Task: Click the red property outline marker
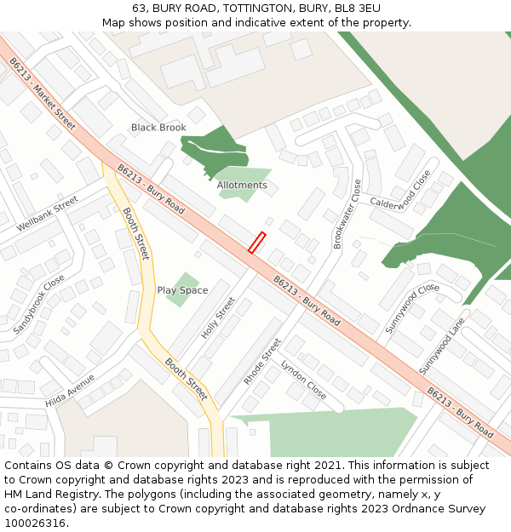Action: (x=256, y=243)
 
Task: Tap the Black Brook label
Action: (x=158, y=128)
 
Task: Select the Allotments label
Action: (x=242, y=185)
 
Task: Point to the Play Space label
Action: (x=182, y=290)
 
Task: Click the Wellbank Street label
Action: (x=47, y=215)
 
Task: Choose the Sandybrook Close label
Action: (x=38, y=304)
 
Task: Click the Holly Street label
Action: (x=217, y=318)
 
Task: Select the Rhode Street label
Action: (x=261, y=361)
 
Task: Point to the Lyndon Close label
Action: (x=303, y=380)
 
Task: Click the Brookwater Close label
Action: (x=348, y=214)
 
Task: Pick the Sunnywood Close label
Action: (x=411, y=308)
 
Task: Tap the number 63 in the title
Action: (x=139, y=9)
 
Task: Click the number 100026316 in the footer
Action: (x=34, y=523)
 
